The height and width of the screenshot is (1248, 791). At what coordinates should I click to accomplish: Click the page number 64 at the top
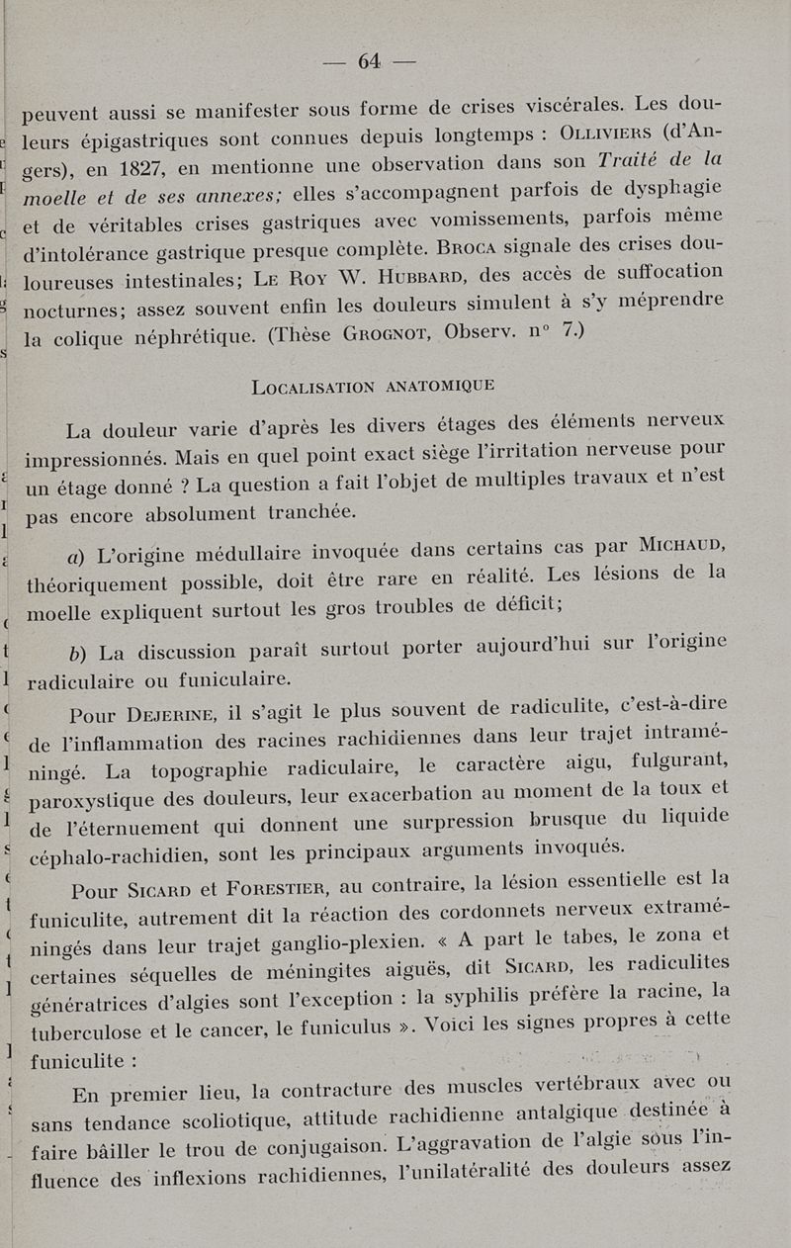370,61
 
